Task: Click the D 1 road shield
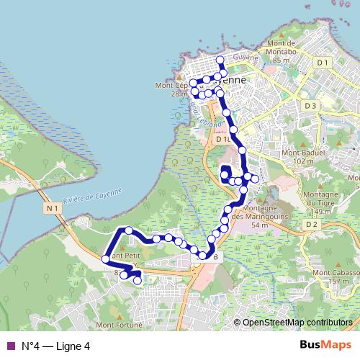coord(323,63)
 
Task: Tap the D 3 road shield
coord(310,106)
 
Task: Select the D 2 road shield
coord(311,225)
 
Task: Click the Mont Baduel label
coord(302,153)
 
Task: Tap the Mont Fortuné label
coord(117,325)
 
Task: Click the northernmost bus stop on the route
coord(220,58)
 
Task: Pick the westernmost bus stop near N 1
coord(106,258)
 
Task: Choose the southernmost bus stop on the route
coord(137,282)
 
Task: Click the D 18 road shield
coord(222,139)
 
